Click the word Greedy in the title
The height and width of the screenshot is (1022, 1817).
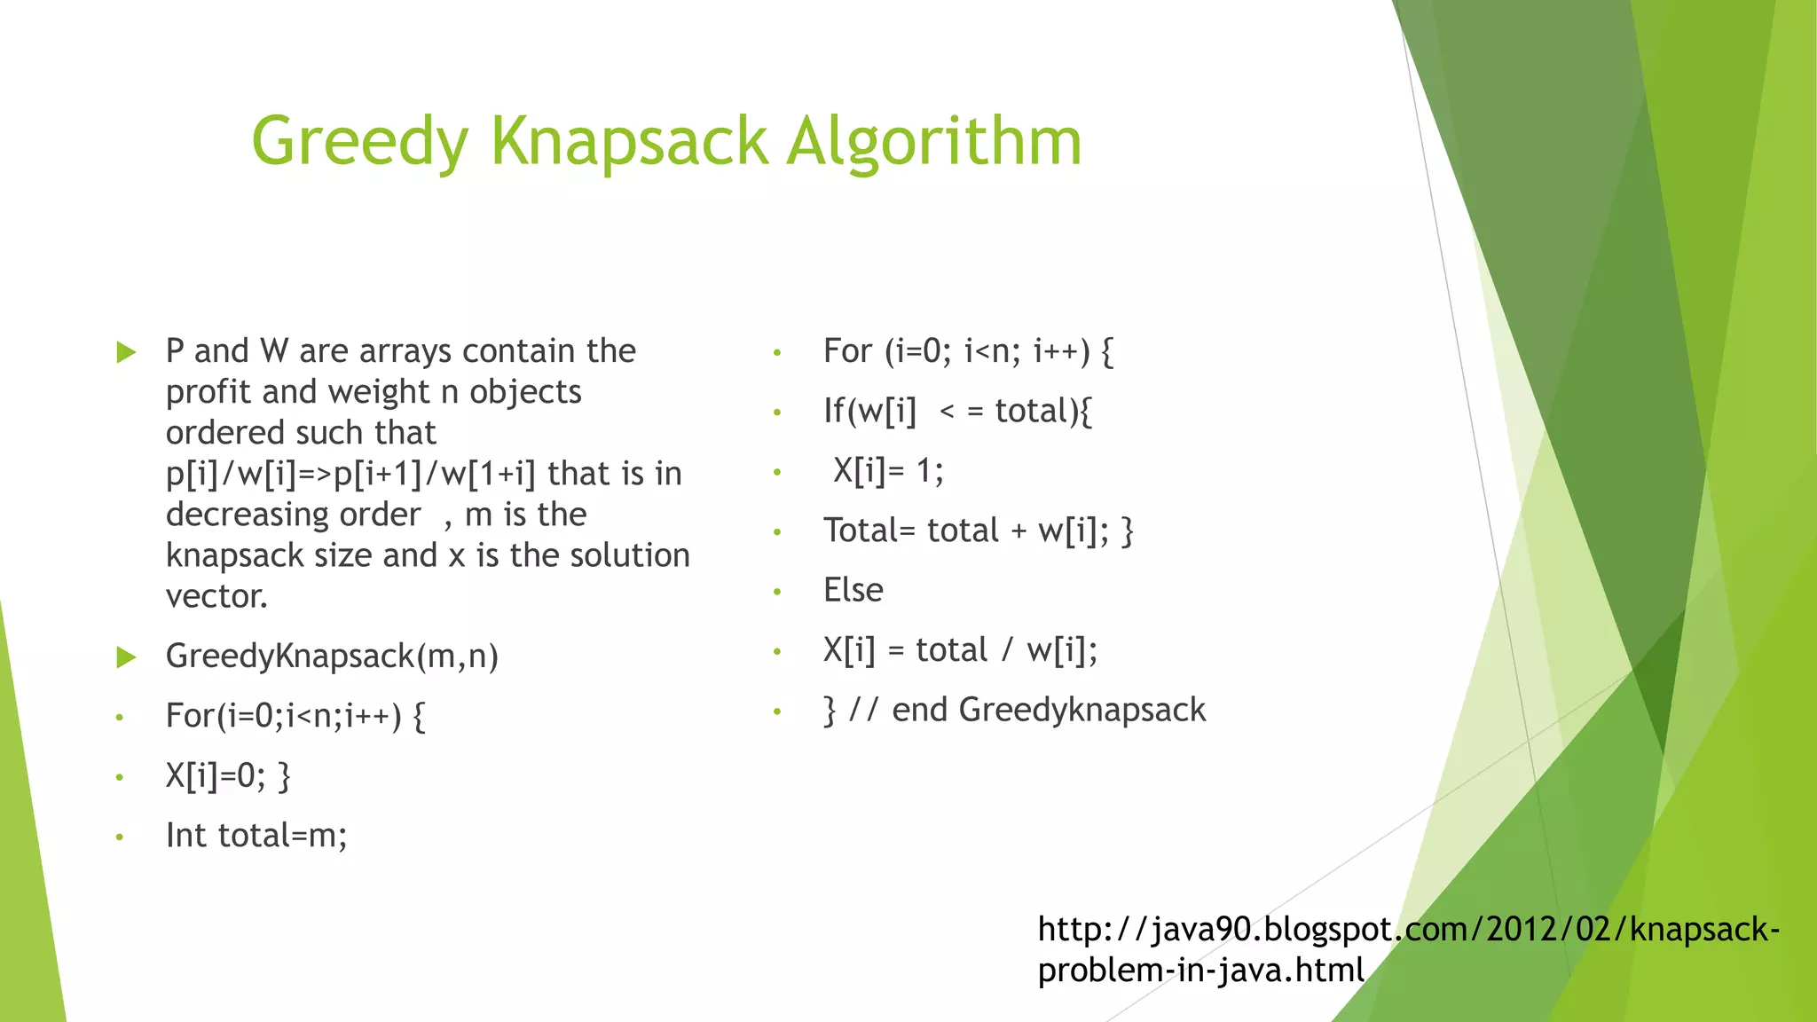pos(359,142)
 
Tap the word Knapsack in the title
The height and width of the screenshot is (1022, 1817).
pos(628,142)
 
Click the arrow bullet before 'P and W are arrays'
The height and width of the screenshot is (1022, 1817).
pos(126,352)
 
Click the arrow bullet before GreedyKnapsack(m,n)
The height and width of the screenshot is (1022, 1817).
pos(126,657)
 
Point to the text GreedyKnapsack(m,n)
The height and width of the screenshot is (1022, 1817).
pos(332,656)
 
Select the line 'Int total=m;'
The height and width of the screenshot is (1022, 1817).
pos(256,836)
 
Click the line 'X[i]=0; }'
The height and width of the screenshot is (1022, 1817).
pos(228,776)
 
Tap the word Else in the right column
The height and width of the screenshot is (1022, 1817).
pos(853,590)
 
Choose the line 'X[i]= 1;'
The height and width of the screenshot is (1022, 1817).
pos(888,470)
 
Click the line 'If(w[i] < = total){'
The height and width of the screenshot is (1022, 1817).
pos(957,412)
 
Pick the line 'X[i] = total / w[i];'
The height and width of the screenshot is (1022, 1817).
pos(960,650)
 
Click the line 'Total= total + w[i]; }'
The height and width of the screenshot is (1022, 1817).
pos(978,531)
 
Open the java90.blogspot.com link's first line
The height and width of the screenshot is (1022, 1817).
pos(1408,929)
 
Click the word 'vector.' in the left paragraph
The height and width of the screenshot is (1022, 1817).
pos(216,596)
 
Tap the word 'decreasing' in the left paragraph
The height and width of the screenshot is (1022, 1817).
pos(293,515)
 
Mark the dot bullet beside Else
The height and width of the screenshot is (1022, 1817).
pos(777,592)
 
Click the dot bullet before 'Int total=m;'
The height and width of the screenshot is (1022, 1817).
pos(119,837)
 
